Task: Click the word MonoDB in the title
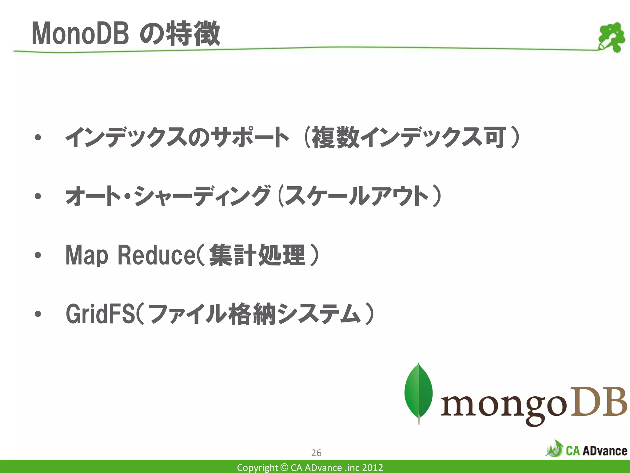[x=80, y=34]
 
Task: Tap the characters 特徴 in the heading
[x=193, y=34]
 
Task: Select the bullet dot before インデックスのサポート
[x=38, y=138]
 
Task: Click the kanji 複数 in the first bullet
[x=335, y=138]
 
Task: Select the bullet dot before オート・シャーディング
[x=38, y=196]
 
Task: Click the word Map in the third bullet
[x=87, y=255]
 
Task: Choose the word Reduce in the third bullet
[x=156, y=255]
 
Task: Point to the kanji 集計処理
[x=257, y=255]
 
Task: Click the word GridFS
[x=100, y=314]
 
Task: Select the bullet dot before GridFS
[x=38, y=314]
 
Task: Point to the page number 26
[x=316, y=453]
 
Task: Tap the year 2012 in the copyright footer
[x=373, y=467]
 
